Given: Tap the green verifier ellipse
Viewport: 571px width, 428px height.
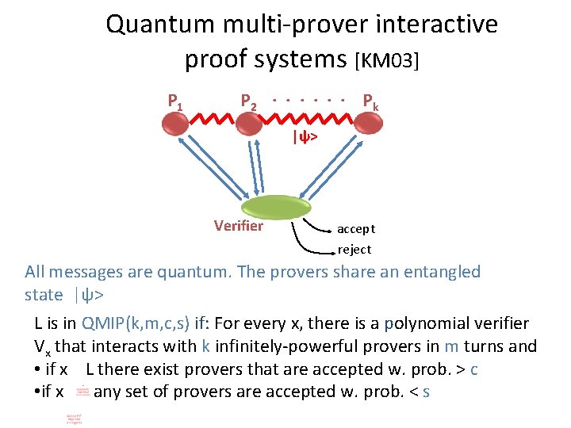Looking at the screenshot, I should point(276,208).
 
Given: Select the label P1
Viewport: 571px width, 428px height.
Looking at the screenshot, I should point(175,101).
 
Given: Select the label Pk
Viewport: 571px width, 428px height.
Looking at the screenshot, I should point(370,101).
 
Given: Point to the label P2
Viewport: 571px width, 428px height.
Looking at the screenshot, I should point(249,102).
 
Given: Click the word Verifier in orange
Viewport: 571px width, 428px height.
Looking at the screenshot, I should point(238,226).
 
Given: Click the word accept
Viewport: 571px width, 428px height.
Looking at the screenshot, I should point(356,229).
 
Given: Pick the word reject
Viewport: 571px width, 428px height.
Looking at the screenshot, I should point(354,250).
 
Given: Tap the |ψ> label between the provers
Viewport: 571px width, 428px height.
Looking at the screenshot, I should point(305,137).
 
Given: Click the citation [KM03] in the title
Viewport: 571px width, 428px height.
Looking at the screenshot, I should point(387,59).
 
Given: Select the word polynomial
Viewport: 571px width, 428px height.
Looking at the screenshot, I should point(426,323).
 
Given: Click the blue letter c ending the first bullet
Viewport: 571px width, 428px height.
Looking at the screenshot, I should point(473,369).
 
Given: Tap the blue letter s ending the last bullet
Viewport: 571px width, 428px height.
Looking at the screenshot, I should point(426,392).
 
